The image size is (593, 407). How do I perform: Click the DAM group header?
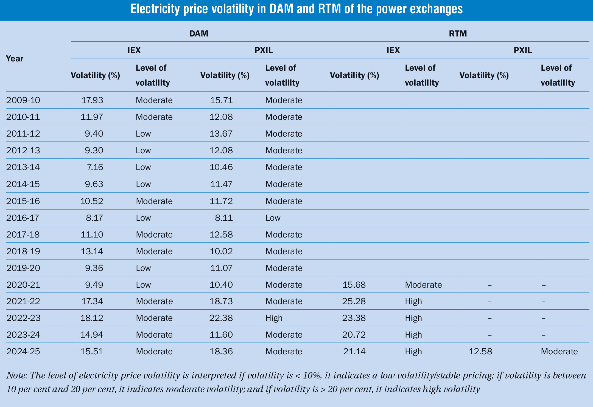(x=199, y=33)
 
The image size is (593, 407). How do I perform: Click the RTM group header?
(x=458, y=33)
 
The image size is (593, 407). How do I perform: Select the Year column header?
(x=15, y=58)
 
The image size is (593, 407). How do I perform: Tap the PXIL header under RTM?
(x=523, y=50)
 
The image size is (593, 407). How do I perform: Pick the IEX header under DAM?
(x=134, y=50)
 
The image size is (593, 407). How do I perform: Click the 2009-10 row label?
(x=23, y=100)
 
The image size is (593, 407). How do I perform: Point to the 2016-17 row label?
(x=23, y=218)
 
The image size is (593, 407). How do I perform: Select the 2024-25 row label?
(x=23, y=351)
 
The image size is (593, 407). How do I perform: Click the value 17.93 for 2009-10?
(x=92, y=100)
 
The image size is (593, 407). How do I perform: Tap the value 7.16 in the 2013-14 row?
(x=95, y=167)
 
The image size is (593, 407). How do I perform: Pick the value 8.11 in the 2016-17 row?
(x=224, y=218)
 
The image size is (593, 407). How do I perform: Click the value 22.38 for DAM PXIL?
(x=221, y=318)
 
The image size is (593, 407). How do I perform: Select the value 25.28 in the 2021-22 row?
(x=354, y=301)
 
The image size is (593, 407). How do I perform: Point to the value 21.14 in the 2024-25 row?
(x=354, y=351)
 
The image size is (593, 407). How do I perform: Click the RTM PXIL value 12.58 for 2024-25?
(x=480, y=351)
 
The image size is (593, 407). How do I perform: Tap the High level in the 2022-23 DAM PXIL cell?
(x=274, y=318)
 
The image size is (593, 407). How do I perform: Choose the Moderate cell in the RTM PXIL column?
(x=559, y=351)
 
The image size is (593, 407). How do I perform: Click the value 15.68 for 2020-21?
(x=354, y=285)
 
